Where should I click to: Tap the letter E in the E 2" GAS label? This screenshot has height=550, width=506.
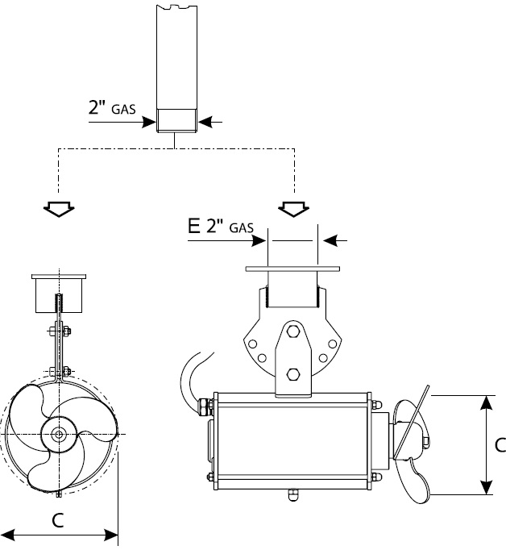coord(193,226)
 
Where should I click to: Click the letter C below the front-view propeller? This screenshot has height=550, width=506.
coord(58,520)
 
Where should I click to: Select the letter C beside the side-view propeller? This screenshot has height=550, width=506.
coord(499,444)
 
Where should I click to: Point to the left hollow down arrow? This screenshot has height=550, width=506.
coord(59,208)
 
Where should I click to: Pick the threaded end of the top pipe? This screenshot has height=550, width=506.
coord(176,120)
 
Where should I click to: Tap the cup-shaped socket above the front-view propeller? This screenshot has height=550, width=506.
coord(58,292)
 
